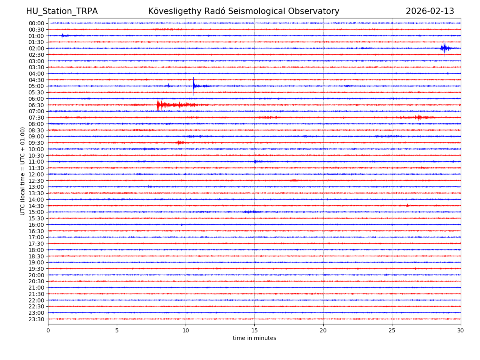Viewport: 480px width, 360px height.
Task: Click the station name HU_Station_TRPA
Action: [62, 11]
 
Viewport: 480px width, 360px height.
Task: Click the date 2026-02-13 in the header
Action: [430, 11]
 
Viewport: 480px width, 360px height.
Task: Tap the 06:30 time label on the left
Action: [36, 105]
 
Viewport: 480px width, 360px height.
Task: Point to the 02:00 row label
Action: [36, 48]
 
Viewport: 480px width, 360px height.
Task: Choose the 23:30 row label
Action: [36, 319]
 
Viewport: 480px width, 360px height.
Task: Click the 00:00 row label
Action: [36, 23]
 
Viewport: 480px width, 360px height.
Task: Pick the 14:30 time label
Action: [36, 206]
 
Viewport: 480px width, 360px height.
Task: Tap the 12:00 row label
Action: [36, 174]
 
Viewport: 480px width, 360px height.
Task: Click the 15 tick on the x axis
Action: [254, 331]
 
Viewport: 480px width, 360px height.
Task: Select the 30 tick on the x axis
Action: [461, 331]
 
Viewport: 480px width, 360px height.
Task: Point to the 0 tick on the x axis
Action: [48, 331]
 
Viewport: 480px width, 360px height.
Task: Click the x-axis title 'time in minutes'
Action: [254, 338]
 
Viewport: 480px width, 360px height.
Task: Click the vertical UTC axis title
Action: [23, 171]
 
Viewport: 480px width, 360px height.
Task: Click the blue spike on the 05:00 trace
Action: [194, 85]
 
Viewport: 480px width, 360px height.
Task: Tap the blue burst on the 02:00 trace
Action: [444, 48]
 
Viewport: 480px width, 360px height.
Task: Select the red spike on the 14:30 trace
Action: [407, 206]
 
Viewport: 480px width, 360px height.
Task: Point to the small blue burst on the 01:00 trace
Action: [63, 36]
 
